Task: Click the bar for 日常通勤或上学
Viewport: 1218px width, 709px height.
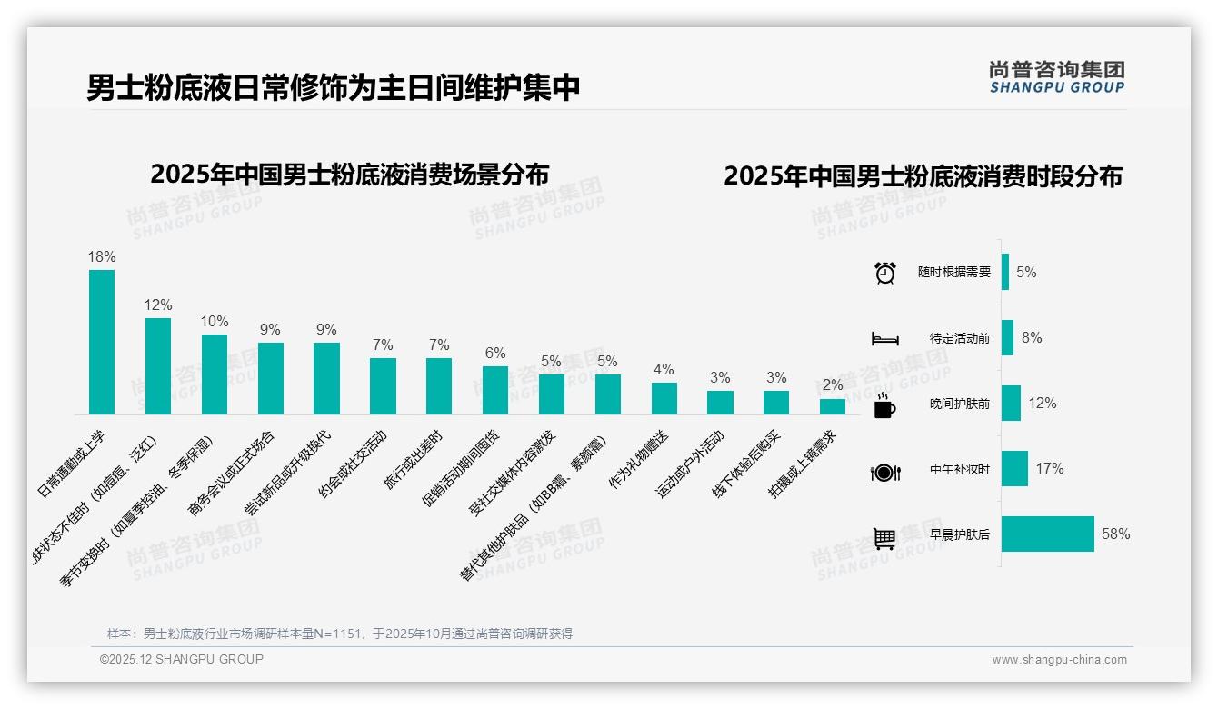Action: pyautogui.click(x=102, y=342)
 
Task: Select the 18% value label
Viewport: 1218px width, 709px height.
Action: pyautogui.click(x=102, y=257)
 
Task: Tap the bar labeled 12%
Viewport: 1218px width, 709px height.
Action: pyautogui.click(x=158, y=365)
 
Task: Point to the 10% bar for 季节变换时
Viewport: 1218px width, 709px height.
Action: pyautogui.click(x=215, y=374)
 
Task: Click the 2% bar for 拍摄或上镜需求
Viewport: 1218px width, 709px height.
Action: pyautogui.click(x=833, y=406)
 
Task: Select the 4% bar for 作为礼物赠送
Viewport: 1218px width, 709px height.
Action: pyautogui.click(x=664, y=398)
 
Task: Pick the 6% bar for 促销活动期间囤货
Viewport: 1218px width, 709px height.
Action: pyautogui.click(x=495, y=390)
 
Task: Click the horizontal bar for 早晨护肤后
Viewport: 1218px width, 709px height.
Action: pyautogui.click(x=1048, y=534)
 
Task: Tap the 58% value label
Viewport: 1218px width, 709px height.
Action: pyautogui.click(x=1115, y=534)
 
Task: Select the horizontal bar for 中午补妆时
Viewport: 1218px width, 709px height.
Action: pyautogui.click(x=1014, y=468)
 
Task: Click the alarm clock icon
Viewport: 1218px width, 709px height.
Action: pyautogui.click(x=884, y=273)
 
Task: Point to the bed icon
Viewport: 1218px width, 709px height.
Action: pyautogui.click(x=884, y=338)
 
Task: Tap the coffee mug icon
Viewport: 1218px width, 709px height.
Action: pyautogui.click(x=884, y=406)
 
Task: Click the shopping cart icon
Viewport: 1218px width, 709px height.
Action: pyautogui.click(x=884, y=538)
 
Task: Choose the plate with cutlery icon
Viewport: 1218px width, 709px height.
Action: pyautogui.click(x=884, y=472)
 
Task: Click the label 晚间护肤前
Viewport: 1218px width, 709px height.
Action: pyautogui.click(x=960, y=404)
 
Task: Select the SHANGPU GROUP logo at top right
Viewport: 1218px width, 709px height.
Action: pyautogui.click(x=1056, y=77)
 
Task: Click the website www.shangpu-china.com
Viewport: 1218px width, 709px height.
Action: pyautogui.click(x=1059, y=660)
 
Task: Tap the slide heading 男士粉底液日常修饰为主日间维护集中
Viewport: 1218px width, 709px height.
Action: pyautogui.click(x=334, y=88)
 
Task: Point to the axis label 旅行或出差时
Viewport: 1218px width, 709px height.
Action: pyautogui.click(x=414, y=460)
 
